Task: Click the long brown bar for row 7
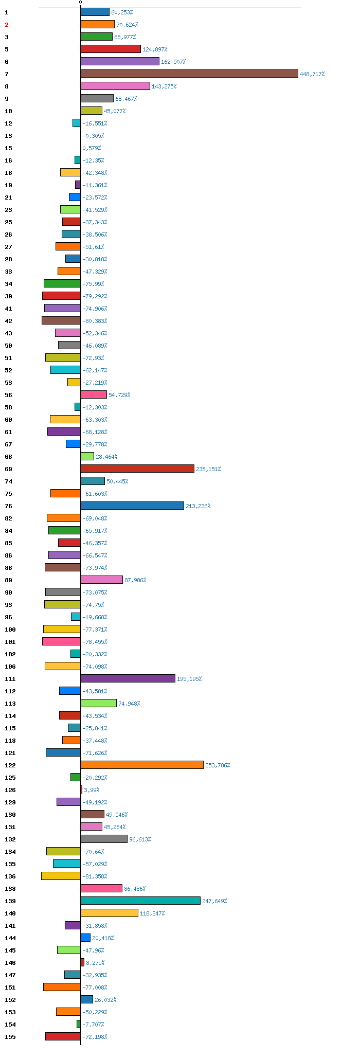click(x=189, y=74)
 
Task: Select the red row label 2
click(x=7, y=25)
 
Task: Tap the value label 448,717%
click(x=312, y=74)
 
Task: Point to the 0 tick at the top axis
click(x=80, y=3)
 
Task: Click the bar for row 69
click(x=137, y=469)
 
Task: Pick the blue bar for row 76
click(x=132, y=506)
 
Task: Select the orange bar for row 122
click(x=142, y=765)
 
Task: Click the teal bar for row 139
click(x=140, y=901)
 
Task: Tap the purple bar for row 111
click(x=128, y=678)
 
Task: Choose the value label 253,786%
click(x=218, y=765)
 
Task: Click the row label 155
click(x=10, y=1037)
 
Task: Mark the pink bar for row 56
click(x=94, y=394)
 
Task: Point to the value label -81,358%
click(x=95, y=876)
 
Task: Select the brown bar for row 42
click(x=61, y=320)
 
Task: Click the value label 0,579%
click(x=92, y=148)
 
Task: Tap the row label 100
click(x=10, y=630)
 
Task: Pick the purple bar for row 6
click(x=120, y=61)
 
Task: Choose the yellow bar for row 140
click(x=110, y=913)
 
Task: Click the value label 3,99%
click(x=92, y=790)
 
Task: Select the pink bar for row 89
click(x=102, y=580)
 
